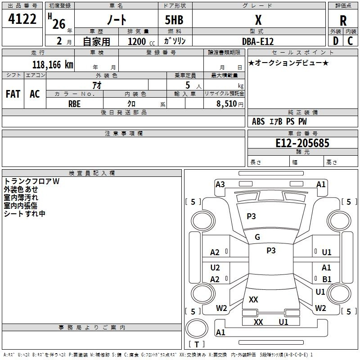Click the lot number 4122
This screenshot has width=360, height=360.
[22, 19]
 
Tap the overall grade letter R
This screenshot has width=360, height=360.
[343, 20]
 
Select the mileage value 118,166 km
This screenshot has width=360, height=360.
[53, 64]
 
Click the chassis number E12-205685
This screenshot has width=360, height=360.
[302, 143]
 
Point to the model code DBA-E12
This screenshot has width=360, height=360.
[258, 41]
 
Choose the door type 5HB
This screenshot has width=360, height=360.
[174, 20]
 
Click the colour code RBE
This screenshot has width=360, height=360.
[74, 104]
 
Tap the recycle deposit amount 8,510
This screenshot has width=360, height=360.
[227, 103]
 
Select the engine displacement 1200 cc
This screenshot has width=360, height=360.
[141, 41]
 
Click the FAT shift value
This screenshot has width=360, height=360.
[13, 94]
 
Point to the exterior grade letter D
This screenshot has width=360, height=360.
[336, 41]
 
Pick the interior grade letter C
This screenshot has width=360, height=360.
[350, 41]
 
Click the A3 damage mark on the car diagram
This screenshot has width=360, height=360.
[220, 184]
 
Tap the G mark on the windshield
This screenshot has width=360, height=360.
[257, 237]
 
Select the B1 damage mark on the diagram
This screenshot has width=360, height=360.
[327, 279]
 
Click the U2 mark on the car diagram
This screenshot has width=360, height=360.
[215, 267]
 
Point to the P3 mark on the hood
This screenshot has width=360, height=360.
[251, 216]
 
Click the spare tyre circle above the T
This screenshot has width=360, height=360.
[197, 328]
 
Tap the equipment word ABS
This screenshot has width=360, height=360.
[258, 121]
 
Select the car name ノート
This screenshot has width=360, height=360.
[117, 20]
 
